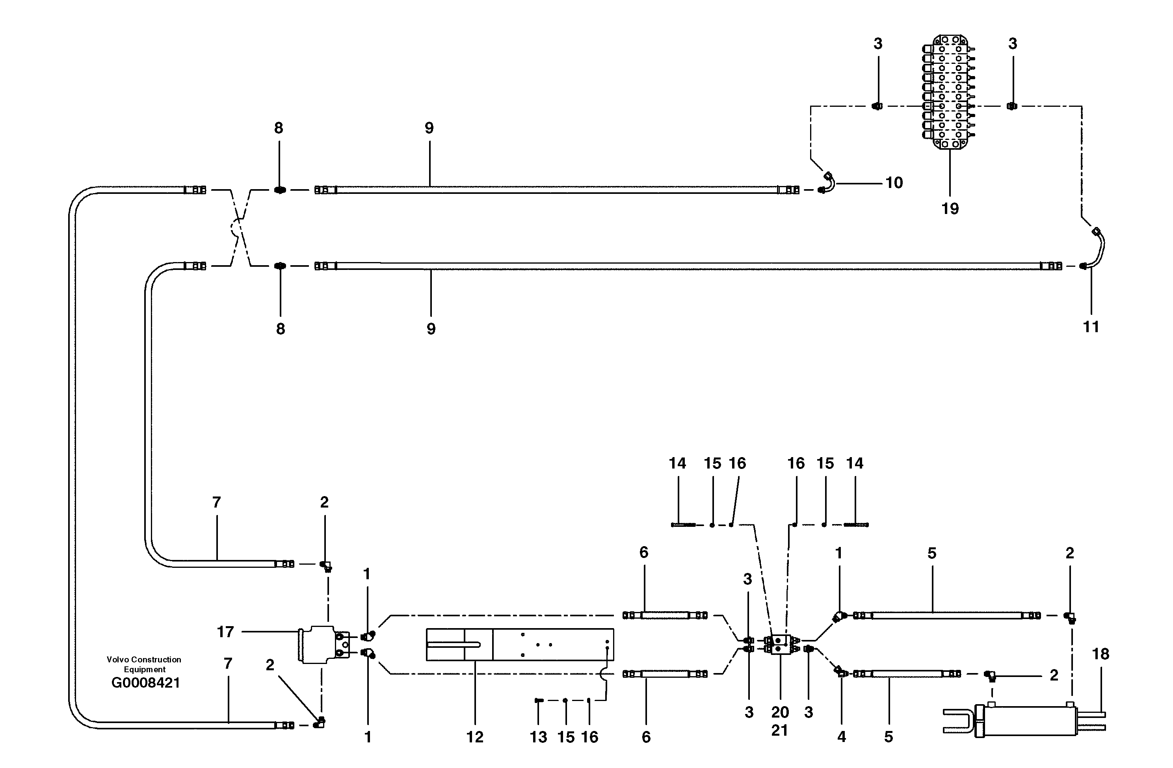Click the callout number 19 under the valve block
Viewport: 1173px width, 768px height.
[x=950, y=209]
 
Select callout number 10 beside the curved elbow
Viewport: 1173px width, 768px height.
[x=894, y=183]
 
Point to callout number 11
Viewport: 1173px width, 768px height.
[x=1091, y=326]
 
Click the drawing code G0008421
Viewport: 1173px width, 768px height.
[x=145, y=683]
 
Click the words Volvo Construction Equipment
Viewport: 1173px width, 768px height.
[x=144, y=664]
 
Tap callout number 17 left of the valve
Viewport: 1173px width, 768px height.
[x=225, y=632]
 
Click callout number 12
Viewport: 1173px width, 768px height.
[x=475, y=737]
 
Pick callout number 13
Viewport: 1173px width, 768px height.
[x=538, y=737]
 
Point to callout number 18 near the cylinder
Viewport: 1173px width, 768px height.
[x=1101, y=654]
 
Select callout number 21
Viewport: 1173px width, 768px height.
[x=780, y=730]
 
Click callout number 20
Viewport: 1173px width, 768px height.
[x=780, y=712]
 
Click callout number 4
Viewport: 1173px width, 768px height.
[x=841, y=737]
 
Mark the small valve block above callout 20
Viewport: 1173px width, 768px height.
[x=781, y=644]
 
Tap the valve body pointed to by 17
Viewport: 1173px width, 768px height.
[x=318, y=644]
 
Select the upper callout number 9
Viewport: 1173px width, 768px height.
[x=429, y=128]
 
